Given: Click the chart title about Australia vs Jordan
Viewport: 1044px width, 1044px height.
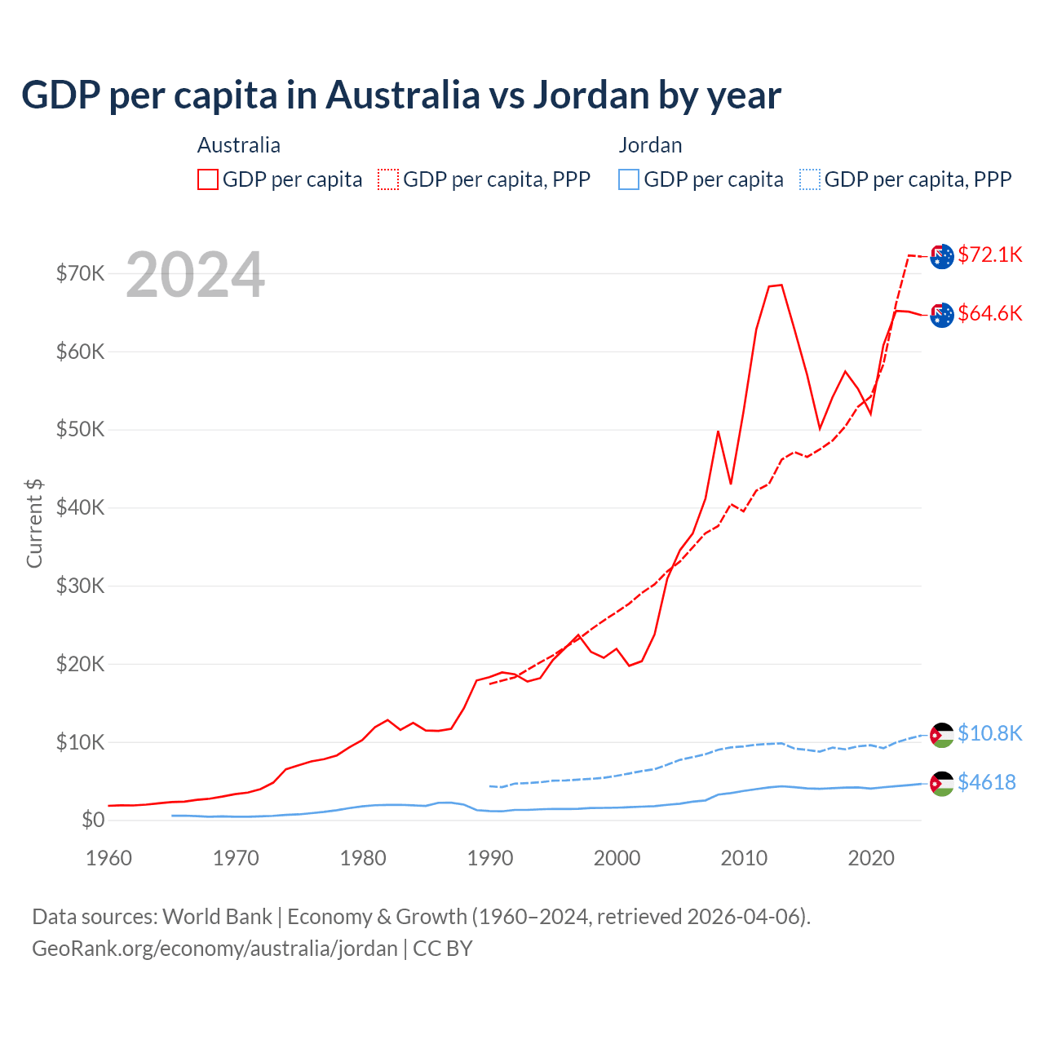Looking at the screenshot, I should [x=400, y=95].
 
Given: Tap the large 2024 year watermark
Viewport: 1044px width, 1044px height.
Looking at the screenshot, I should [x=195, y=275].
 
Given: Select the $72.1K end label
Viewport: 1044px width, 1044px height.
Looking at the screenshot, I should [x=989, y=254].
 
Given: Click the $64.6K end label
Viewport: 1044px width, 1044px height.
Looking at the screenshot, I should [x=989, y=313].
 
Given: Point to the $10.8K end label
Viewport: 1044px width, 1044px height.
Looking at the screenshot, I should [x=989, y=733].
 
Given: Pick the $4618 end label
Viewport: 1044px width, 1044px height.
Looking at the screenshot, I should [x=986, y=782].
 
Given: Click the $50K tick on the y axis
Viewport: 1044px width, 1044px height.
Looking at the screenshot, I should [x=80, y=429].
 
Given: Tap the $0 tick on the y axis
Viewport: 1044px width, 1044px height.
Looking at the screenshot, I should [x=93, y=820].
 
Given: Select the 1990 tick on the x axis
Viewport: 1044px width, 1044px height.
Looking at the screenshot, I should [x=490, y=858].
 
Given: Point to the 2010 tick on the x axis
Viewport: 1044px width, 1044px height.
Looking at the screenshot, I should [x=744, y=858].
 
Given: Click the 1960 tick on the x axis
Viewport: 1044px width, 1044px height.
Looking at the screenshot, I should [x=108, y=858].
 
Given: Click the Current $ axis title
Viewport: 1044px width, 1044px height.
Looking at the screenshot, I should [x=34, y=523].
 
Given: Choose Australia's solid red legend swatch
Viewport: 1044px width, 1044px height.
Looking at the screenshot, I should [x=208, y=179].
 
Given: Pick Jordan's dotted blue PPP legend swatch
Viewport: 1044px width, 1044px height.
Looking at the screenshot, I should [x=810, y=179].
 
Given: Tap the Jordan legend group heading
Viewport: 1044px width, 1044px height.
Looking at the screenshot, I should [x=650, y=145].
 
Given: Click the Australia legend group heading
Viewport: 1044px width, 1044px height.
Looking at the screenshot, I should [x=239, y=145].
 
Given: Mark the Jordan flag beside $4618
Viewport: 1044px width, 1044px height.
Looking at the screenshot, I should [x=942, y=783].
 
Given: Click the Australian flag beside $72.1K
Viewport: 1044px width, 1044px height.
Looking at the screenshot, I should [x=942, y=256].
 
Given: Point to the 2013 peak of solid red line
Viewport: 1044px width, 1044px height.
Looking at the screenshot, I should [x=781, y=285].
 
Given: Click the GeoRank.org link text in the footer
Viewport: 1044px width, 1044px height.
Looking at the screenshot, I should [x=215, y=949].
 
